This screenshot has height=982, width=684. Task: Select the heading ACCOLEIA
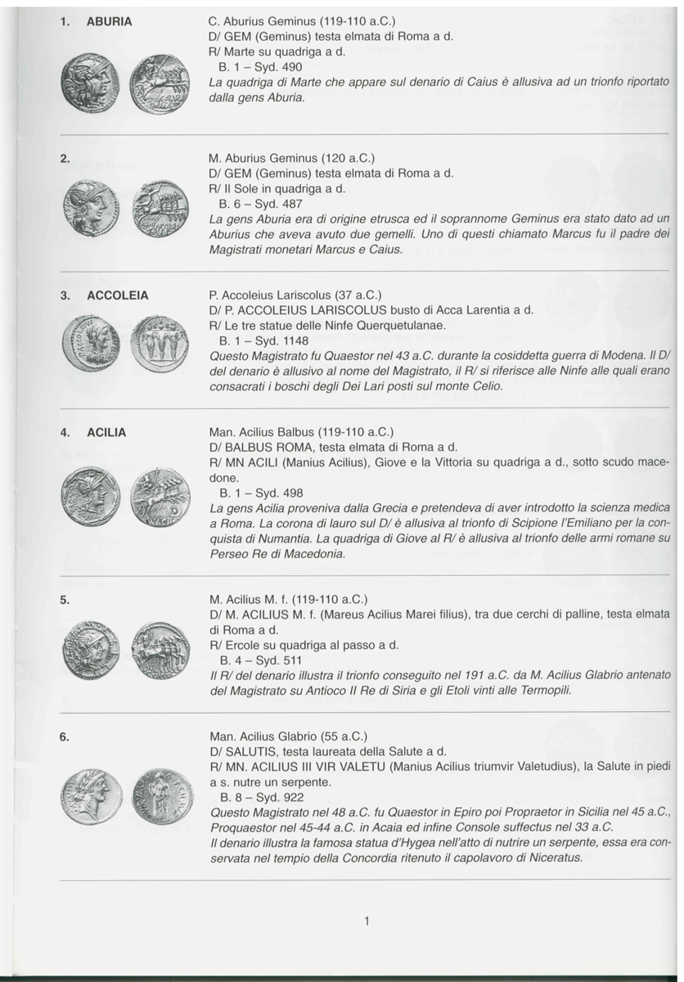tap(117, 295)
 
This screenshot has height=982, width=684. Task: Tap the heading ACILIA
tap(106, 432)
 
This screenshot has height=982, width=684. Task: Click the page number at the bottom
tap(367, 921)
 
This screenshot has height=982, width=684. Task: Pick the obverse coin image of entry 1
tap(90, 83)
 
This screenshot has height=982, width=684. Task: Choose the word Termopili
tap(538, 690)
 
